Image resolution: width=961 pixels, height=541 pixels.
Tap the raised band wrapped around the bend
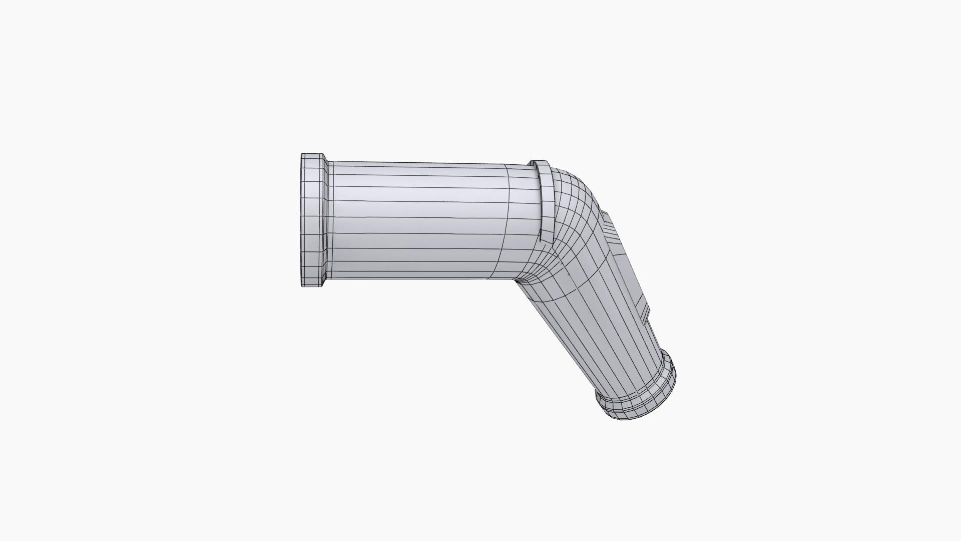click(546, 200)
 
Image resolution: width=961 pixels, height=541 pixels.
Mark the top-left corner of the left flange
click(302, 154)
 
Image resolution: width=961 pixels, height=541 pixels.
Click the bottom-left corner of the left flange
click(302, 286)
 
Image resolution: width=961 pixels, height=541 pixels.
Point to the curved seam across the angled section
click(591, 281)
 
